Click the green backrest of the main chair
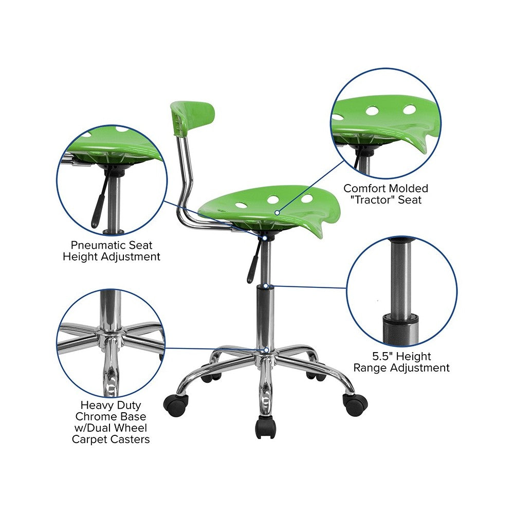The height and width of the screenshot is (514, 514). click(x=193, y=119)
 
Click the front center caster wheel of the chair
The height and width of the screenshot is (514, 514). click(x=266, y=427)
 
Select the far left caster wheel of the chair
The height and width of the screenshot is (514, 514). click(x=176, y=406)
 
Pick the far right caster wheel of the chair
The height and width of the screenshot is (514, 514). click(x=355, y=405)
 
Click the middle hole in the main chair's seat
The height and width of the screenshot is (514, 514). click(x=273, y=199)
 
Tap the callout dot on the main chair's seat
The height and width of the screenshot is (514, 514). click(x=277, y=213)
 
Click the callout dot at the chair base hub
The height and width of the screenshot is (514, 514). click(x=266, y=350)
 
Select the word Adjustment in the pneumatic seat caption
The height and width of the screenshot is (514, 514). click(x=131, y=256)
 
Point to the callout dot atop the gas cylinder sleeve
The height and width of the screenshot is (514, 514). click(x=266, y=286)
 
